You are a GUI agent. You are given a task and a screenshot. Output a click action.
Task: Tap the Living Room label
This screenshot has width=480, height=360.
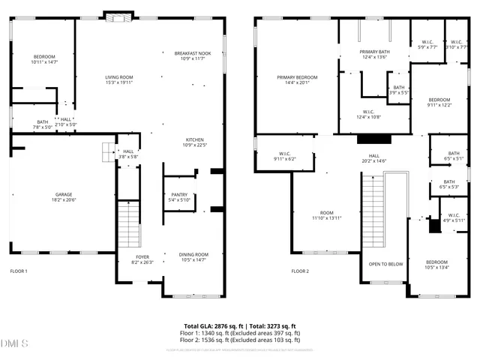(118, 77)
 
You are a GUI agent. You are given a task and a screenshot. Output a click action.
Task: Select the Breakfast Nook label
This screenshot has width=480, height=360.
(193, 53)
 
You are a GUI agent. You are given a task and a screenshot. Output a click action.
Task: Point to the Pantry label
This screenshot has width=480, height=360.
(179, 194)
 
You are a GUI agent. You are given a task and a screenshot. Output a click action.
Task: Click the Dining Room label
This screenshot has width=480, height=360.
(193, 255)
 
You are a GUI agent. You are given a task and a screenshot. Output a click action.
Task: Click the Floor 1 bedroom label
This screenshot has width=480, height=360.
(43, 57)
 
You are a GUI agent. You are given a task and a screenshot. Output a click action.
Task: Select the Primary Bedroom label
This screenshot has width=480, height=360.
(296, 77)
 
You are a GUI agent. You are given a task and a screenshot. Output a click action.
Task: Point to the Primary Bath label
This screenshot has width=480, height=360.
(374, 52)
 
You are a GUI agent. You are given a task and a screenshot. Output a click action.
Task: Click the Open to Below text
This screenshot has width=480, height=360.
(385, 264)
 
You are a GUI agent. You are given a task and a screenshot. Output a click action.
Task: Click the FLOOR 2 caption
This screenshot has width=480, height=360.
(300, 271)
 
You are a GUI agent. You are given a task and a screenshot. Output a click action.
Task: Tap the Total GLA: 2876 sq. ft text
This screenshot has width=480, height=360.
(213, 326)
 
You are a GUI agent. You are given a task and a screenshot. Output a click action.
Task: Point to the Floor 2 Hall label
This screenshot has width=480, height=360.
(373, 155)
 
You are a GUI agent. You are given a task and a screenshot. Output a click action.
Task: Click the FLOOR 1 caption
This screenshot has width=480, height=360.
(19, 271)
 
